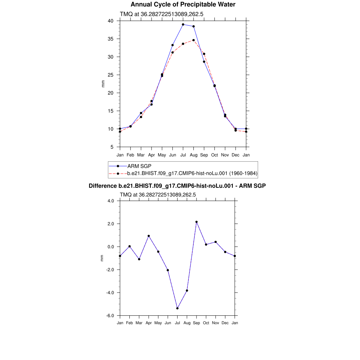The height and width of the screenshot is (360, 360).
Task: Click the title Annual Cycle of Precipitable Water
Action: point(183,5)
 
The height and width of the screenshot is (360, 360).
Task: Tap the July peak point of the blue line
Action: point(183,25)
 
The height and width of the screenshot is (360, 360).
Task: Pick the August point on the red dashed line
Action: point(193,40)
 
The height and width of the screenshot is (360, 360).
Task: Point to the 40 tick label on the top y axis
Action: point(110,21)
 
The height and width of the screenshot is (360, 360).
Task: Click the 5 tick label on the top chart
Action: point(112,147)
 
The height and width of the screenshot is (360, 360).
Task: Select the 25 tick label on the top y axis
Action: point(110,75)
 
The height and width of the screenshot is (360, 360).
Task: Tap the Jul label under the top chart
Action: point(183,155)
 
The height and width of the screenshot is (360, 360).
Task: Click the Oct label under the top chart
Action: point(214,155)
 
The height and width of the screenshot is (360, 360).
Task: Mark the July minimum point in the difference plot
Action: point(178,308)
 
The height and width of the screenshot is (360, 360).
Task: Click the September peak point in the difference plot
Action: point(197,222)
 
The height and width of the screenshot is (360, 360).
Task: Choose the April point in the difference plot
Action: point(149,236)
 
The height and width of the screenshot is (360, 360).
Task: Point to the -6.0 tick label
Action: point(110,316)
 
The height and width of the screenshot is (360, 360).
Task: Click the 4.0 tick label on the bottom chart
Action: point(111,201)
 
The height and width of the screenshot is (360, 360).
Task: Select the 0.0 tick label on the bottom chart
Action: point(111,247)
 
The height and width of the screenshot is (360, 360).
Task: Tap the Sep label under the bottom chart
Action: point(197,323)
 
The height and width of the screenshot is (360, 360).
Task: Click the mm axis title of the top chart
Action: point(103,84)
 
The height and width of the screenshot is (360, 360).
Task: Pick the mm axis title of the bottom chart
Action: point(102,258)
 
